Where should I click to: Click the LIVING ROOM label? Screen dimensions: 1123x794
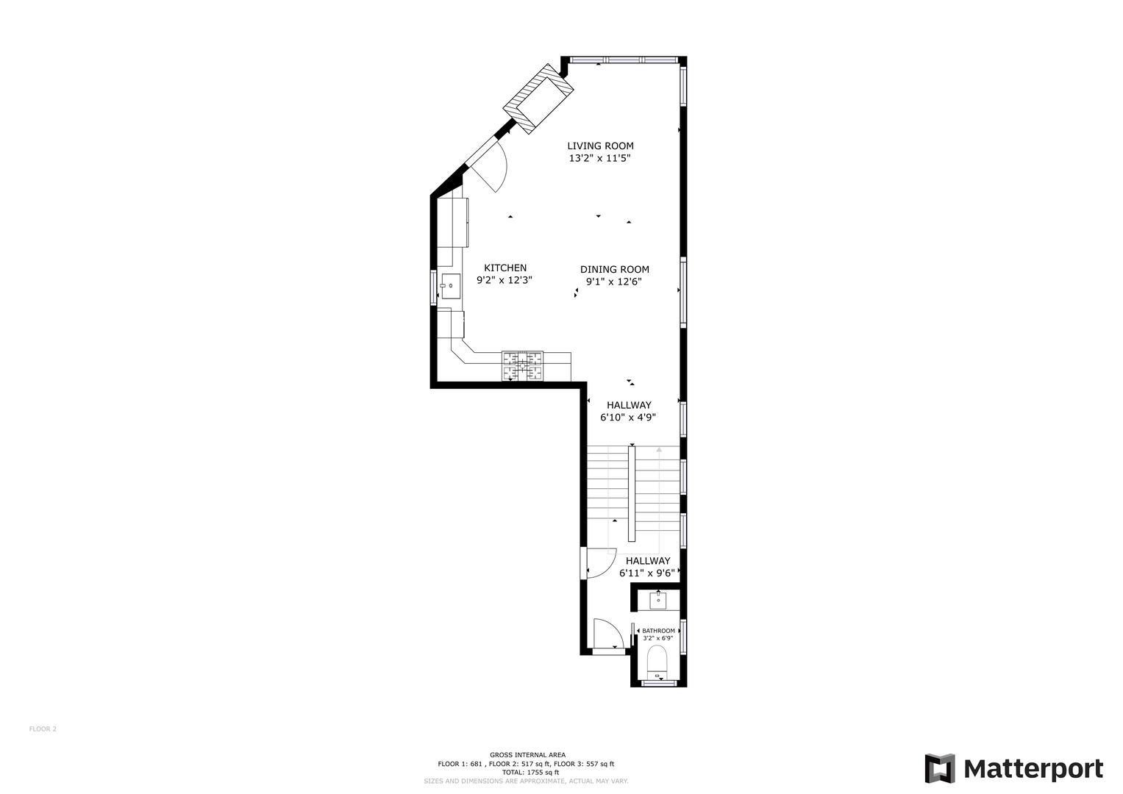click(600, 146)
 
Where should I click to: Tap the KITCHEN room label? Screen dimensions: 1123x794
click(505, 268)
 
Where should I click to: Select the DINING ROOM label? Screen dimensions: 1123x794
click(615, 269)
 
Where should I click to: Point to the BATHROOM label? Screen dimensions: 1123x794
click(658, 631)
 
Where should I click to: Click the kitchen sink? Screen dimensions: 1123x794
click(451, 286)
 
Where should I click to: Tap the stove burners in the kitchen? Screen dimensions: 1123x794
click(522, 365)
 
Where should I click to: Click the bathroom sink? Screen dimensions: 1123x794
click(657, 600)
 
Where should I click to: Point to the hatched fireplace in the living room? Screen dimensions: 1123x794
click(538, 99)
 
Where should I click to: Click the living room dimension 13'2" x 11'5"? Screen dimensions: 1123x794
click(599, 158)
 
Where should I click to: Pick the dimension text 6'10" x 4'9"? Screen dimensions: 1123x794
click(628, 418)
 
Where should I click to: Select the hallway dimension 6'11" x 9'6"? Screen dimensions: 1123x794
click(647, 573)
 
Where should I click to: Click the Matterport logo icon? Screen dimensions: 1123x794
click(939, 768)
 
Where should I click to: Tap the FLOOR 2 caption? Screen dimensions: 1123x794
click(43, 729)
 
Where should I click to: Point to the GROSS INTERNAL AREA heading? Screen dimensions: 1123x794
click(527, 755)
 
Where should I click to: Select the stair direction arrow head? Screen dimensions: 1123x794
click(659, 450)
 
